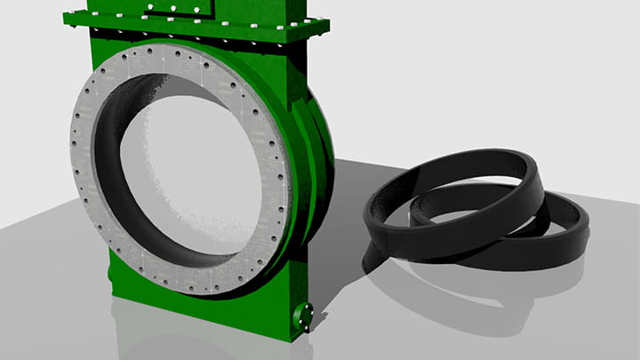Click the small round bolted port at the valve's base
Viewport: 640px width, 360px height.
[304, 315]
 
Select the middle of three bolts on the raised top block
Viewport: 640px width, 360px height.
[170, 12]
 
